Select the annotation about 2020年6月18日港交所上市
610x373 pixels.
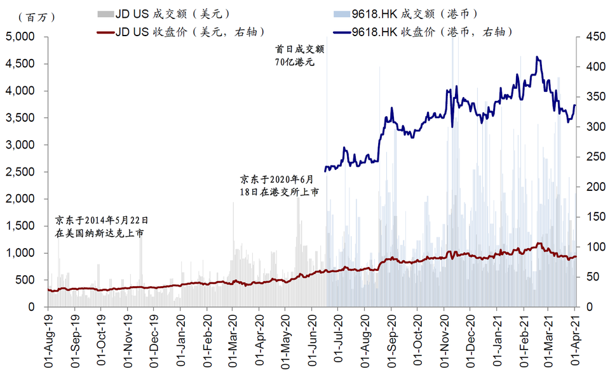[x=279, y=185]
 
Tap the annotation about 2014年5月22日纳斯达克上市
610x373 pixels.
[x=102, y=226]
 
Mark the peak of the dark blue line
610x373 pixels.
[x=538, y=57]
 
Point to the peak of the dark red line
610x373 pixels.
[x=539, y=243]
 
